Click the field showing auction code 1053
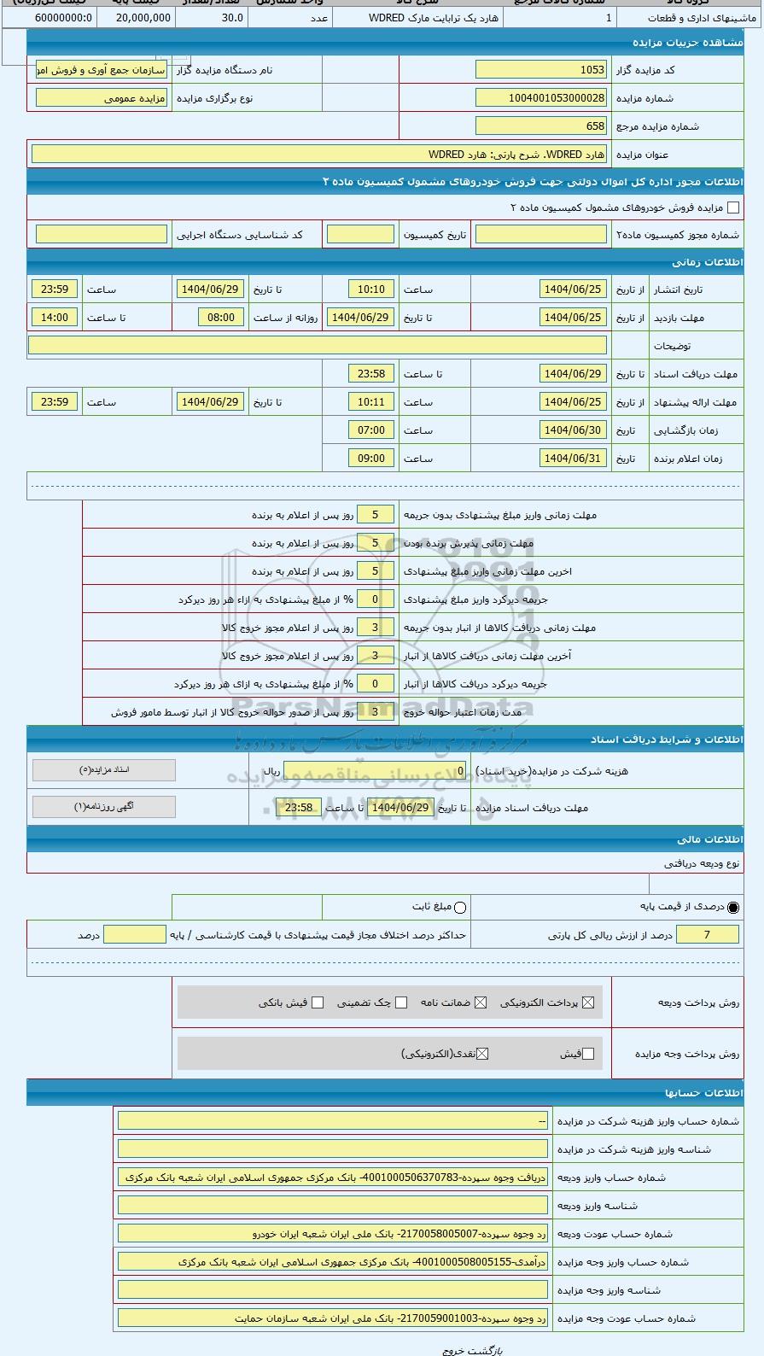tap(540, 70)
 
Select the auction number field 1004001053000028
tap(540, 98)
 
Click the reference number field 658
tap(540, 126)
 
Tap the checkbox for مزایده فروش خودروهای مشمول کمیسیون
tap(732, 207)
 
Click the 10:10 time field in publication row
tap(371, 289)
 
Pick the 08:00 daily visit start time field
tap(220, 318)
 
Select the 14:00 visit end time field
tap(55, 318)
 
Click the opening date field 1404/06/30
tap(573, 430)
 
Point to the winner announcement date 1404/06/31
tap(573, 459)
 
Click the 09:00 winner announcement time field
tap(371, 459)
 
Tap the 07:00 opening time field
tap(371, 430)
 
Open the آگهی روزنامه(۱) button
tap(104, 806)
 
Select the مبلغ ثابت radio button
tap(460, 908)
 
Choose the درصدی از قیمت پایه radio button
tap(733, 908)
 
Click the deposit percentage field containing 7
tap(707, 935)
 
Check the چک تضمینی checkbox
tap(401, 1002)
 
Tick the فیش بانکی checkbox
tap(318, 1002)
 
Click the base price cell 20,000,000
tap(143, 17)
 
